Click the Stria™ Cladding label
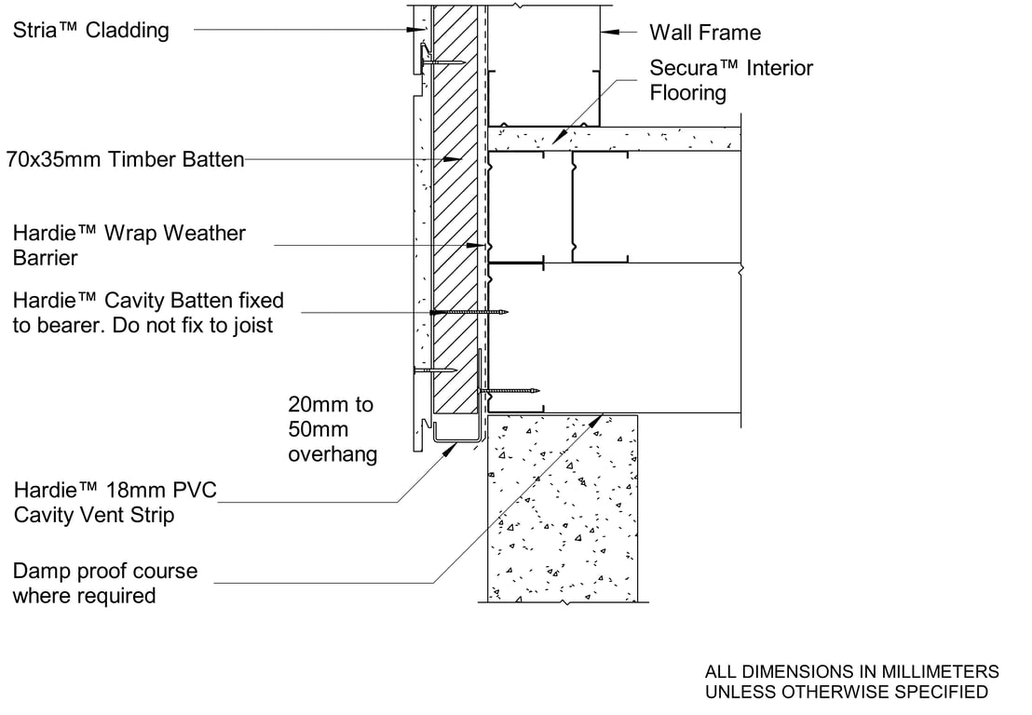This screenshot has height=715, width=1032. point(91,31)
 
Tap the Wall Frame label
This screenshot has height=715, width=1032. point(704,33)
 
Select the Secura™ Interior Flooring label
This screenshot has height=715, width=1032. point(731,80)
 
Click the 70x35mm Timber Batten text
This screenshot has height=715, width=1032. point(125,159)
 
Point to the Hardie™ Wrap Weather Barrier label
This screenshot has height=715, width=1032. point(129,245)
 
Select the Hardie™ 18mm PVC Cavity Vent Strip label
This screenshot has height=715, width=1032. point(115,502)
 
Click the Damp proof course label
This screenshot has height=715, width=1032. point(104,583)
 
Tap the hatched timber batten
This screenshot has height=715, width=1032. point(455,233)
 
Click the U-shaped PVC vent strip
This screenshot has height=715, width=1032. point(456,439)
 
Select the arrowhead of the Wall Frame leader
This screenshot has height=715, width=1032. point(606,32)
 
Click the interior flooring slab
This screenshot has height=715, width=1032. point(615,139)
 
